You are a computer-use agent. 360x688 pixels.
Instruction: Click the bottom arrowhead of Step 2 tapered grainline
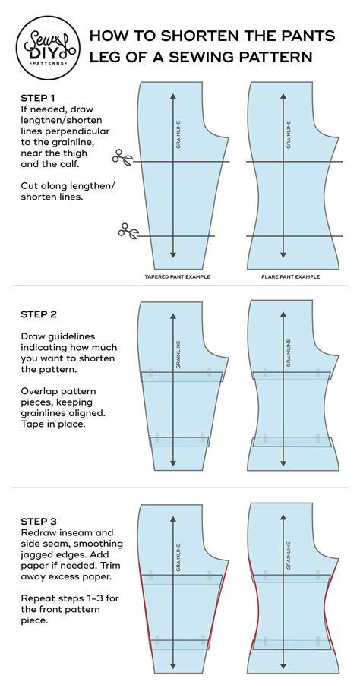click(173, 463)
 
